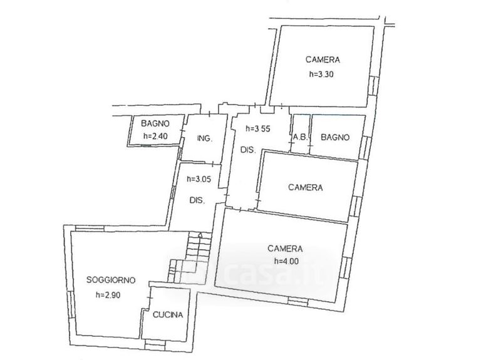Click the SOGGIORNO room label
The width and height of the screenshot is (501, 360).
(110, 281)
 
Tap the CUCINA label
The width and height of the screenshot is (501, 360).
(167, 315)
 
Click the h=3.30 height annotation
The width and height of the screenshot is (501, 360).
(323, 73)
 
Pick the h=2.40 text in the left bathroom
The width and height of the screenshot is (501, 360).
(154, 136)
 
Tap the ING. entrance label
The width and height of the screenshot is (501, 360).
(204, 138)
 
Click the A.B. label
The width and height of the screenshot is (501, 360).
(299, 137)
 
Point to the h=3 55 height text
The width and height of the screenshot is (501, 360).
(260, 129)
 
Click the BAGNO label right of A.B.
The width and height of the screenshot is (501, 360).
(335, 137)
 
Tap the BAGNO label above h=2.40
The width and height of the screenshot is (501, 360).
(155, 123)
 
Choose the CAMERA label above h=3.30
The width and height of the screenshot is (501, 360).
(323, 60)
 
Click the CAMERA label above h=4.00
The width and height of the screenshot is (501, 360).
(285, 248)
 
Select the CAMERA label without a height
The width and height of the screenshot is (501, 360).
(305, 187)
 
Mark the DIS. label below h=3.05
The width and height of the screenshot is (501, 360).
(199, 200)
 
